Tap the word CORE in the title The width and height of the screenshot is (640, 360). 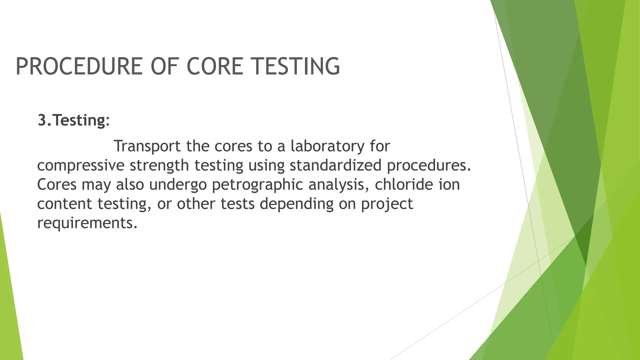click(x=215, y=66)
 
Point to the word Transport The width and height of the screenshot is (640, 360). click(x=147, y=146)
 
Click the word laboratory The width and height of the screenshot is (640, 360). click(x=327, y=146)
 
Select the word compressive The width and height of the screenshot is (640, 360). click(x=81, y=166)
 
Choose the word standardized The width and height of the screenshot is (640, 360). click(x=335, y=166)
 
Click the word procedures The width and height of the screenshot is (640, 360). click(x=428, y=166)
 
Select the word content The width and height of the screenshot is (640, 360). click(x=65, y=204)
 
